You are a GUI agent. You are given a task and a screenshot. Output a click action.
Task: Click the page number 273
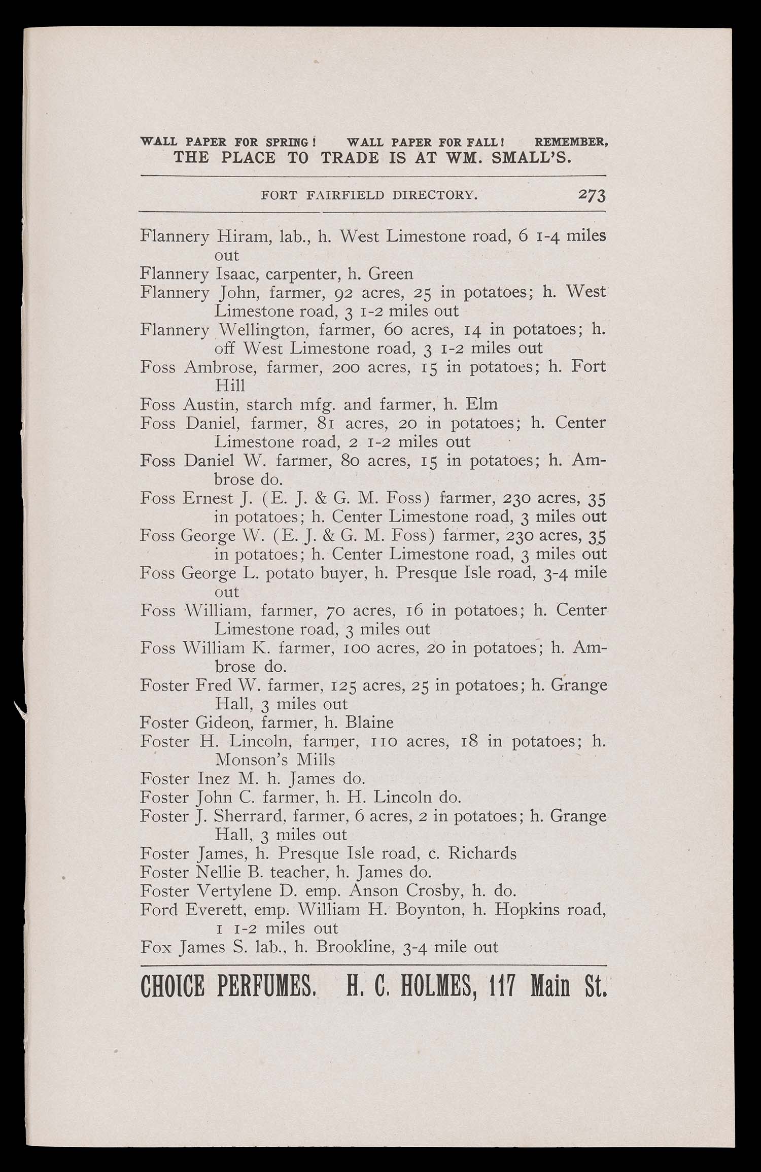[x=592, y=195]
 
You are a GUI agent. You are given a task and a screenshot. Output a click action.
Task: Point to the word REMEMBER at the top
[x=571, y=142]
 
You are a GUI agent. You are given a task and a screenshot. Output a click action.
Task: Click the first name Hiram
[x=243, y=236]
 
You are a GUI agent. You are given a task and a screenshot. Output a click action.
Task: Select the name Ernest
[x=207, y=498]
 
